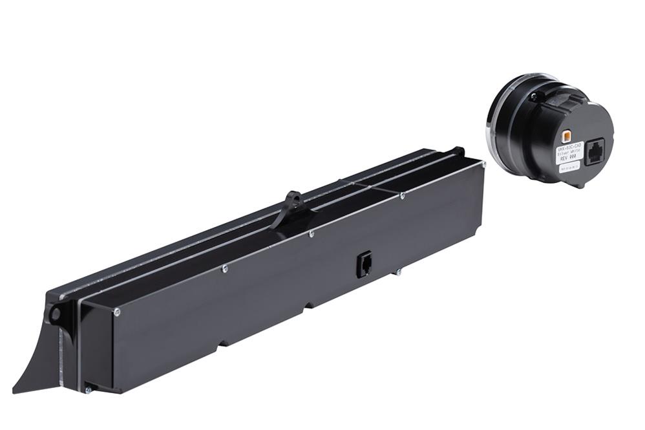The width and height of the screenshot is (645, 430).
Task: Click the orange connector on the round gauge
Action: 566,136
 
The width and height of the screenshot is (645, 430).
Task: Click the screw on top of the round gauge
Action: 533,96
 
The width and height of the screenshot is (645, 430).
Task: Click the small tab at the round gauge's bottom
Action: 580,185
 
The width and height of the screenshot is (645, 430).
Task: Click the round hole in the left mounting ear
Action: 56,314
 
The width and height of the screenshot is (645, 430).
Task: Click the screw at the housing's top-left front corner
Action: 117,312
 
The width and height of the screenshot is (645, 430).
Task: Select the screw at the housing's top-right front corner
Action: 483,165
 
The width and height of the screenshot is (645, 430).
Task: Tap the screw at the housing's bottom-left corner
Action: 88,389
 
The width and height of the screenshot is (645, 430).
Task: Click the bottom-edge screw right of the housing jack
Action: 398,272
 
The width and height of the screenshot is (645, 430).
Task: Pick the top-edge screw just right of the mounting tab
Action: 311,234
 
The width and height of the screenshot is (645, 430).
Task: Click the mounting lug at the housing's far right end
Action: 459,151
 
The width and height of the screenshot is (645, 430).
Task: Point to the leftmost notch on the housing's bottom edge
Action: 222,343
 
